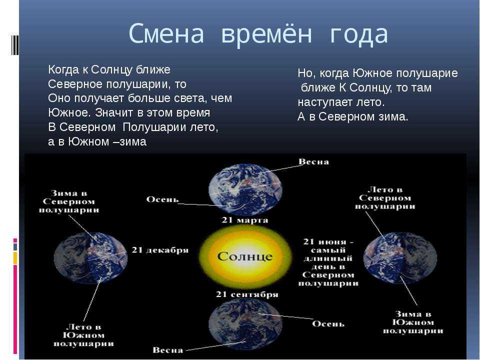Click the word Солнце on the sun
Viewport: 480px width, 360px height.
(245, 256)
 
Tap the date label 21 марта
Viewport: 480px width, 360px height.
(244, 220)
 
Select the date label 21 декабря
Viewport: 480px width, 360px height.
(160, 250)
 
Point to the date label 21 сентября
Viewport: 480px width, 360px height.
(247, 294)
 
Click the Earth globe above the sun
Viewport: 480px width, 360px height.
(245, 189)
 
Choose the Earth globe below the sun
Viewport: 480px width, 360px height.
(245, 325)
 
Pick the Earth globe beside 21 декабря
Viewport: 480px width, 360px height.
(90, 258)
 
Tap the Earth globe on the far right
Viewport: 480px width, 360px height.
(400, 258)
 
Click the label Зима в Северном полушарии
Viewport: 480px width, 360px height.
(69, 201)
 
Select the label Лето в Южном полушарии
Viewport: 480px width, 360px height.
(83, 335)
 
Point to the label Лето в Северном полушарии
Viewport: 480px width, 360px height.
(385, 198)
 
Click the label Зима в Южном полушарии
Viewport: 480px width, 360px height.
(413, 322)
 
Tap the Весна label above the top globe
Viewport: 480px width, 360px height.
(314, 161)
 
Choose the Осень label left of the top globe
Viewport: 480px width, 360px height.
(162, 199)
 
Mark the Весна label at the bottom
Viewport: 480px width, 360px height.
(168, 350)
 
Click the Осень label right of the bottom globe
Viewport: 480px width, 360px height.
(328, 324)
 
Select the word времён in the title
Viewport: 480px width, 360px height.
(266, 33)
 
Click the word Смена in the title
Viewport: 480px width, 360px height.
(166, 32)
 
